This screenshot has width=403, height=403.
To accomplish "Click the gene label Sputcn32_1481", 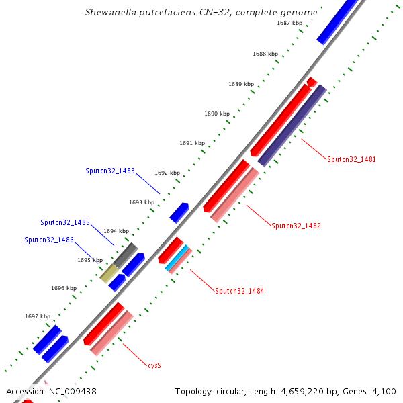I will click(351, 160).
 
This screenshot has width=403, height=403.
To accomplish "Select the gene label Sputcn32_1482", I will click(296, 226).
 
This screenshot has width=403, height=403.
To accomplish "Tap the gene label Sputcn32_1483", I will click(110, 171).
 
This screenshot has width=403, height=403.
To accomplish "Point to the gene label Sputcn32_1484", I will click(240, 292).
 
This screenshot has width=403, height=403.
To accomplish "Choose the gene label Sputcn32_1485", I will click(65, 222).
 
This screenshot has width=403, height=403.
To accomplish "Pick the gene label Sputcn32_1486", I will click(49, 240).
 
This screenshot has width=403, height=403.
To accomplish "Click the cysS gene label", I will click(154, 366).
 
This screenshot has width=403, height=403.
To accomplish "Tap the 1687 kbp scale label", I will click(289, 23).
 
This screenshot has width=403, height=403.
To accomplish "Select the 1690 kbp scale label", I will click(217, 114).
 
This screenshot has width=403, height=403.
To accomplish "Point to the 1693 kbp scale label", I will click(142, 202).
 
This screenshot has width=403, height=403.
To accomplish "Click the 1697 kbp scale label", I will click(38, 316).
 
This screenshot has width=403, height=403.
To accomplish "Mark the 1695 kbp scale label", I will click(90, 260).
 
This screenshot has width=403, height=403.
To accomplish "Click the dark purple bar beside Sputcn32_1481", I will click(292, 126).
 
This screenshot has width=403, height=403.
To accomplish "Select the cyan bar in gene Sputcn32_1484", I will click(177, 258).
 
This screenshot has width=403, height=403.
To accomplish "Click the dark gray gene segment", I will click(125, 255).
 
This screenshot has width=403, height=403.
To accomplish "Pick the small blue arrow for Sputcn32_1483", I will click(179, 212).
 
